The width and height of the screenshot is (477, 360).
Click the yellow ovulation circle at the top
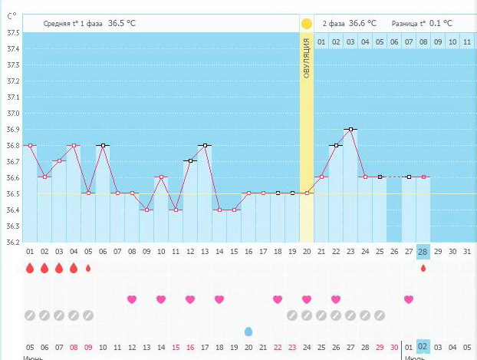click(307, 23)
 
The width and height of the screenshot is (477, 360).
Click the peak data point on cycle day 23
click(350, 130)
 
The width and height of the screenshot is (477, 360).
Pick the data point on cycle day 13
click(205, 145)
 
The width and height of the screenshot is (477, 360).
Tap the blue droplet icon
click(248, 331)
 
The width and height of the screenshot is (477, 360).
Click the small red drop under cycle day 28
click(423, 268)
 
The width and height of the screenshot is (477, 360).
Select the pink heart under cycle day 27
click(409, 299)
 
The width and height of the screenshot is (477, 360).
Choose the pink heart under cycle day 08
click(132, 299)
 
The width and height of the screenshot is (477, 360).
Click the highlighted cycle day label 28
click(423, 252)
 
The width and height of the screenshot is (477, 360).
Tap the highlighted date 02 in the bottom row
click(423, 347)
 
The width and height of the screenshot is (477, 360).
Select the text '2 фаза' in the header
click(334, 24)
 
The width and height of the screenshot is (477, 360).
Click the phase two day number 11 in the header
click(467, 41)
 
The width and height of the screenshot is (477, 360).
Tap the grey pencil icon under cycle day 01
click(30, 315)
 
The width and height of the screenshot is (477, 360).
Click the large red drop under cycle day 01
click(30, 268)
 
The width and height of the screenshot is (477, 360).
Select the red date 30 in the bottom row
click(394, 347)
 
